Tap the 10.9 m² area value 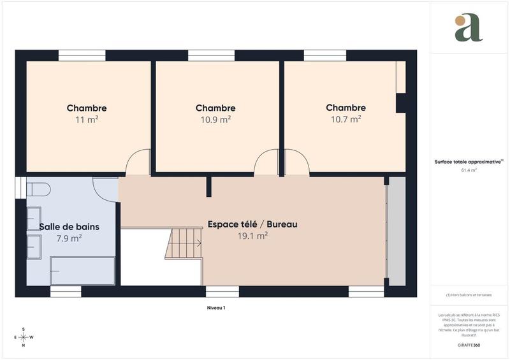point(216,119)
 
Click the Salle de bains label point(69,226)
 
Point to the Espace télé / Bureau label point(252,224)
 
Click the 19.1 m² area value point(252,235)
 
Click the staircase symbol point(184,244)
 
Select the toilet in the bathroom point(39,189)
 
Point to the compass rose point(24,337)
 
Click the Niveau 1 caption point(216,307)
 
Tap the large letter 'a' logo point(469,28)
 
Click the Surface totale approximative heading point(469,162)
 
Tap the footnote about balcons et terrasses point(469,295)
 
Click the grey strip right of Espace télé point(397,231)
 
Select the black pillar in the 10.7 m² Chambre point(402,103)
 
